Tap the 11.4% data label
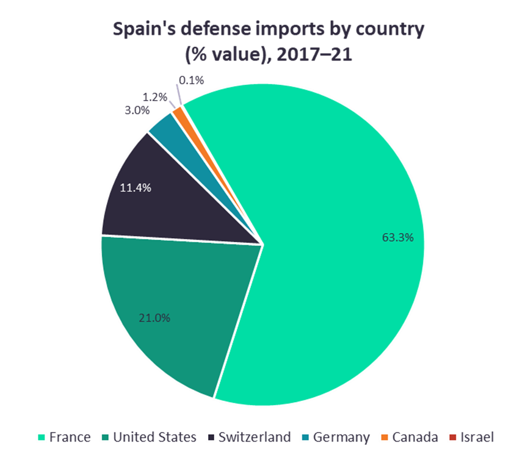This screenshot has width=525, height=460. pos(136,188)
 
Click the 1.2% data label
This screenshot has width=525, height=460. pos(155,97)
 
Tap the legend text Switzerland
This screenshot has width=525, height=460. pos(255,437)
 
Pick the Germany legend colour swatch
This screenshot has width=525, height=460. pos(305,437)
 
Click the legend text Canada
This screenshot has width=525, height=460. pos(415,437)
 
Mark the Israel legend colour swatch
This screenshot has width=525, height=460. pos(452,437)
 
